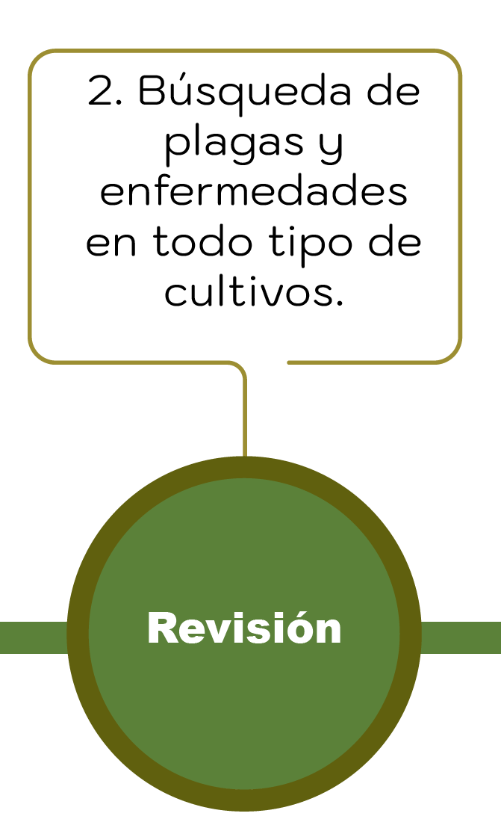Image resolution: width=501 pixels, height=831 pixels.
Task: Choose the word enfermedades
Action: pyautogui.click(x=253, y=192)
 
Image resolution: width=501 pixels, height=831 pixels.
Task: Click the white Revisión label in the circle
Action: pyautogui.click(x=244, y=628)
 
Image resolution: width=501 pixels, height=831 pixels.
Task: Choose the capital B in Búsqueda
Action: pyautogui.click(x=154, y=93)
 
